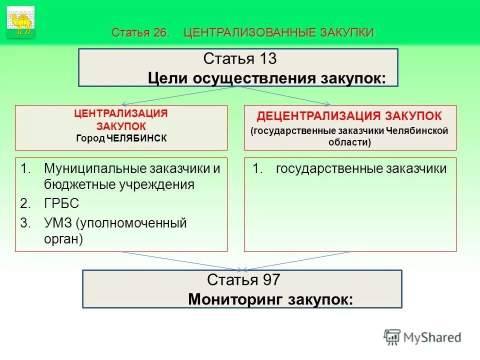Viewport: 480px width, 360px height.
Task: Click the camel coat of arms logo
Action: tap(21, 22)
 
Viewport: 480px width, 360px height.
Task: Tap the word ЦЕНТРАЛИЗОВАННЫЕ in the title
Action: tap(248, 33)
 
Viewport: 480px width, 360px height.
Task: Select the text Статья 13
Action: tap(240, 59)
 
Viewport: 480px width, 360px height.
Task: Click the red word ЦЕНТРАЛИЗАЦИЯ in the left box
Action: tap(121, 113)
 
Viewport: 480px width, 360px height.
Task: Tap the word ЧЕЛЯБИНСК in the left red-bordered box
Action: tap(136, 138)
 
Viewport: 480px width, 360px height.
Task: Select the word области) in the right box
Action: tap(350, 142)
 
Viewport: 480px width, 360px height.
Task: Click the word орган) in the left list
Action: tap(63, 239)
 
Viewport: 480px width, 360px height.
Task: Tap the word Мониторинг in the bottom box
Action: tap(226, 299)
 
